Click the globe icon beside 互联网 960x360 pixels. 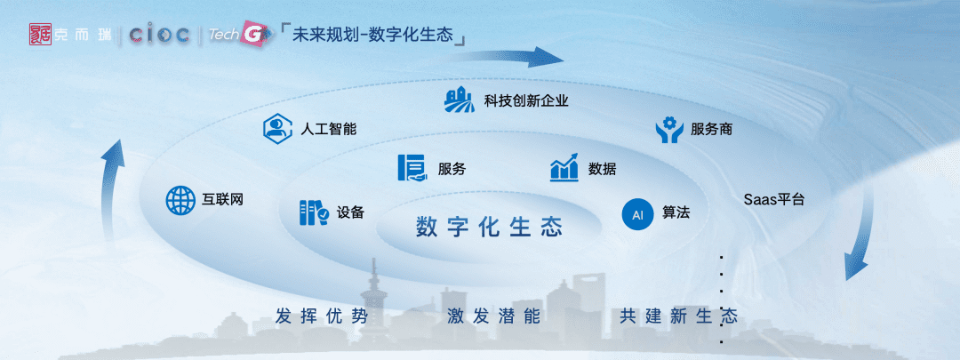[x=180, y=200]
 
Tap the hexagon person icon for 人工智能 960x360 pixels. [x=276, y=129]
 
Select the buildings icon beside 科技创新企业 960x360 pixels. [x=460, y=100]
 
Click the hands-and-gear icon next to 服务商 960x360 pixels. [x=669, y=129]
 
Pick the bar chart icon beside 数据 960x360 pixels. [x=564, y=167]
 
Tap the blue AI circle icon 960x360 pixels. [x=637, y=214]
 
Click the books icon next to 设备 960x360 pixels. [x=314, y=212]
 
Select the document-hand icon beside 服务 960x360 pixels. [x=412, y=168]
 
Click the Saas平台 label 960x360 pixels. [x=774, y=199]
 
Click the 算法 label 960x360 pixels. [x=676, y=213]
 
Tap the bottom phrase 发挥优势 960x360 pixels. [x=322, y=316]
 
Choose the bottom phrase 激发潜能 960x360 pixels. [x=493, y=316]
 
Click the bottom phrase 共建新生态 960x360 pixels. [x=678, y=316]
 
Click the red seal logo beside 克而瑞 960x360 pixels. [x=40, y=35]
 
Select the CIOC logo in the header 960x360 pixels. [x=158, y=35]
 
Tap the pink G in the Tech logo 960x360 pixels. [x=252, y=36]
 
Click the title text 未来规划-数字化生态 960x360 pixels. [x=372, y=35]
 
